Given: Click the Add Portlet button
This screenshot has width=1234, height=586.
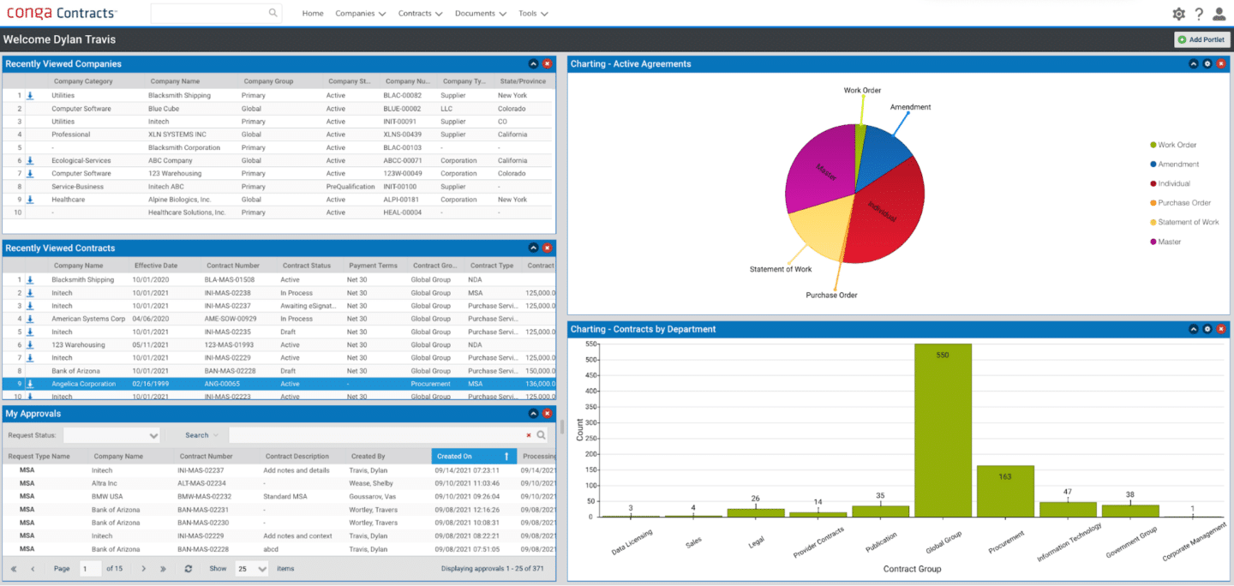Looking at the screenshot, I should [x=1202, y=39].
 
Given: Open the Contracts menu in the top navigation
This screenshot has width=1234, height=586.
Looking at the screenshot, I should [x=420, y=14].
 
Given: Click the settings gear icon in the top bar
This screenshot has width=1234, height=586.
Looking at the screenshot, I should [x=1178, y=14].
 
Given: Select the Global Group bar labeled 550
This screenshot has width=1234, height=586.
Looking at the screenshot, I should [x=943, y=428].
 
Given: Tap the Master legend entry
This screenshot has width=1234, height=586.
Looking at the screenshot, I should [x=1169, y=242].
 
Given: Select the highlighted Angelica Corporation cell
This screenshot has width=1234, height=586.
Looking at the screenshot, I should [x=83, y=384].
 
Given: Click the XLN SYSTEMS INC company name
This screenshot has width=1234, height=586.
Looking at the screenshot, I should [x=177, y=135].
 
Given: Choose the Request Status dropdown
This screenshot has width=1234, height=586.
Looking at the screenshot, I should [x=111, y=435].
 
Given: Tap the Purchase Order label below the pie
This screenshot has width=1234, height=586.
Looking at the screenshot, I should [x=831, y=296].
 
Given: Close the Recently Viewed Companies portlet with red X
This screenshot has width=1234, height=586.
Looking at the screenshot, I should [x=548, y=63].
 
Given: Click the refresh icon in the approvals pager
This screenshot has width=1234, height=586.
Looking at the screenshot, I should [x=189, y=569].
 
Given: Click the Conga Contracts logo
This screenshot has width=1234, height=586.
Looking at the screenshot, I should [x=62, y=14].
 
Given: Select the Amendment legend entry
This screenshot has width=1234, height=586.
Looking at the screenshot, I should [x=1178, y=164].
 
